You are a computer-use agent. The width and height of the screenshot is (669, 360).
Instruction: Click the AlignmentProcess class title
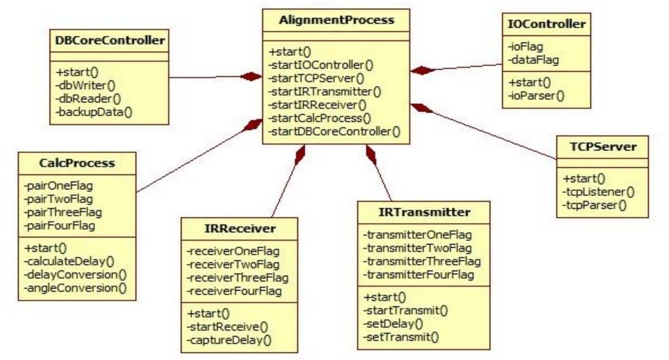tap(336, 20)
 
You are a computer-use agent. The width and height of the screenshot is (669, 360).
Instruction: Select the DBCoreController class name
tap(110, 40)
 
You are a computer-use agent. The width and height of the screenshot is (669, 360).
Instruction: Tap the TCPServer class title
tap(603, 147)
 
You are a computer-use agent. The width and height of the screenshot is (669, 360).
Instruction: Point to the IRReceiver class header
tap(240, 228)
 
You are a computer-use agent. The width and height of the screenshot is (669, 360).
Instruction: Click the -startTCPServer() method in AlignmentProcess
tap(316, 78)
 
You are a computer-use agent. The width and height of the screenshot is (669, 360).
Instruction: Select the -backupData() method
tap(94, 112)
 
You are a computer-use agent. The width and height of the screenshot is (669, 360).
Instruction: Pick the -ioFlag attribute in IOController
tap(525, 46)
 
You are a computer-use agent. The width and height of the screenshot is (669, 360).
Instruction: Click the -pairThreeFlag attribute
tap(63, 212)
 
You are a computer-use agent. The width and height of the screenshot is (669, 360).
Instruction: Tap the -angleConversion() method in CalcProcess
tap(76, 288)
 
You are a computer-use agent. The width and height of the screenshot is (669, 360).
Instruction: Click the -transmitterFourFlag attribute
tap(419, 274)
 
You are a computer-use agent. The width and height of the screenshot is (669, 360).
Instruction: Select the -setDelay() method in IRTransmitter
tap(393, 323)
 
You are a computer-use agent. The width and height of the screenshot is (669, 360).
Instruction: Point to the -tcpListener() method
tap(598, 192)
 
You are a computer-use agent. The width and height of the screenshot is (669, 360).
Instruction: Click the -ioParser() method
tap(536, 96)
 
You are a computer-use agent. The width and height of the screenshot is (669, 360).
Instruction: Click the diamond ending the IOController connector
tap(422, 70)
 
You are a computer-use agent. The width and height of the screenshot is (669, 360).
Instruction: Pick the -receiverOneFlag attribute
tap(233, 251)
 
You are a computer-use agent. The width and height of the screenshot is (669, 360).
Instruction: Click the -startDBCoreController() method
tap(334, 132)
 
